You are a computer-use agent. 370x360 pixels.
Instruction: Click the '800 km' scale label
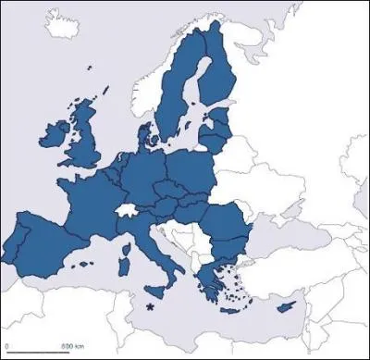[x=73, y=346]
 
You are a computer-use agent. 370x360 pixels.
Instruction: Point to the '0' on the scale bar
[x=7, y=346]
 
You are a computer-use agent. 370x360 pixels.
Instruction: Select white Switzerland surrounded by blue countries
[x=127, y=212]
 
